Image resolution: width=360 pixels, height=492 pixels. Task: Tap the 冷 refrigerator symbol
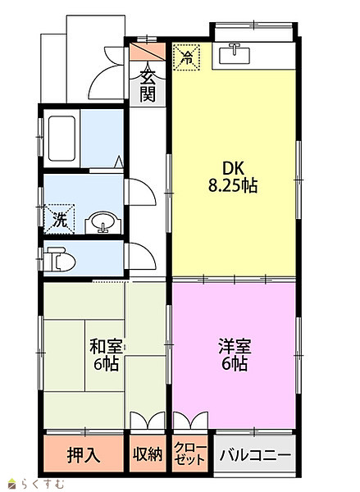point(186,57)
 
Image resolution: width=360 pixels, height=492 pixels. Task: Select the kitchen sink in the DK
point(235,54)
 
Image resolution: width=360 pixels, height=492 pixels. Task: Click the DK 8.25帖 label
point(233,177)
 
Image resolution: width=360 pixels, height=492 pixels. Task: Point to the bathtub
point(62,139)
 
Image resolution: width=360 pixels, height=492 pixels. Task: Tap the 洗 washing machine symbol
point(59,219)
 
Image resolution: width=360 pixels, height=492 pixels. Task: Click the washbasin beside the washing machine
point(103,223)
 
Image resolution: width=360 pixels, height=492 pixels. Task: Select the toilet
point(59,259)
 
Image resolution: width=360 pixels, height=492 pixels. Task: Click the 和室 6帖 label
point(106,355)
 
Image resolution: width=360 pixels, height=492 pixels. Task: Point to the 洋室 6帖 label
point(235,355)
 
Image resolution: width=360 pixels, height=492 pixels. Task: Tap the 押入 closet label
point(84,455)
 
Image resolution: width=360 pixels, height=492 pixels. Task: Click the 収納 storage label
point(148,454)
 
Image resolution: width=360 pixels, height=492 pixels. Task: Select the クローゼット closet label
point(190,454)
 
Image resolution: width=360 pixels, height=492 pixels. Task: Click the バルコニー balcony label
point(255,455)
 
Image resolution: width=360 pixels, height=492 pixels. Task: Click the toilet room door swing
point(140,256)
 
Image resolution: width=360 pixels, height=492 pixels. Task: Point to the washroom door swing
point(140,192)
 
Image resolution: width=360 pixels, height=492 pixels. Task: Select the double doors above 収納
point(148,420)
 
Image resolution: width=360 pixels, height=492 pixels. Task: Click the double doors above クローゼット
point(190,420)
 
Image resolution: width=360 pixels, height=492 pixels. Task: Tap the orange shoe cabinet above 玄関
point(148,52)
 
